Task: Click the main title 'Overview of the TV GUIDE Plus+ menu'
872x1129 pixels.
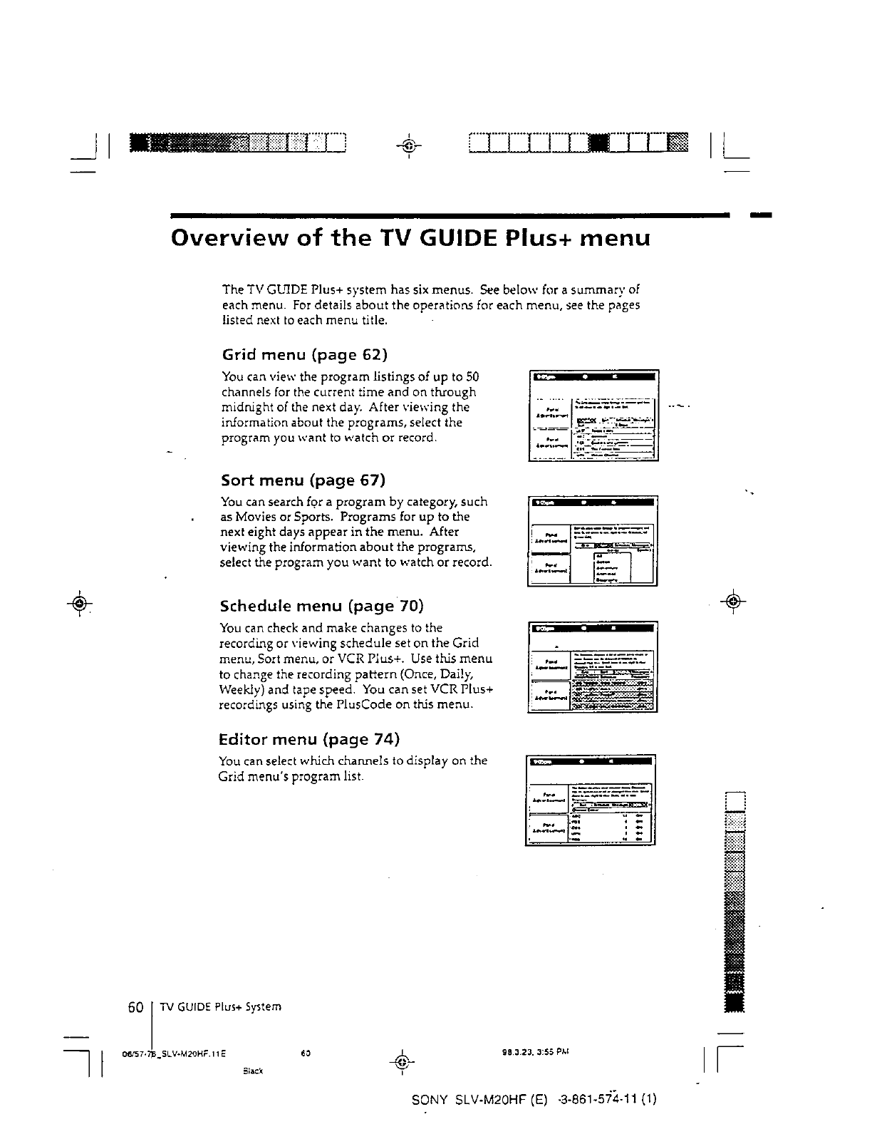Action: (x=410, y=237)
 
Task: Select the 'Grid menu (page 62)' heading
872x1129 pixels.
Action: (x=305, y=354)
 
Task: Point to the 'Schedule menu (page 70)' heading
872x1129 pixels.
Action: (x=321, y=606)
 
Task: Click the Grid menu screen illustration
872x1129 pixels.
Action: (x=593, y=416)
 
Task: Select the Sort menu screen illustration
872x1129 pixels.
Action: (x=592, y=540)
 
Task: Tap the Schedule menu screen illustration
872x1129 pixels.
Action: (x=592, y=666)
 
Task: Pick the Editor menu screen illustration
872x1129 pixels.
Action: (x=590, y=800)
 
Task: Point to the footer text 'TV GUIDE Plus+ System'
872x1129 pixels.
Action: (x=220, y=1007)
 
